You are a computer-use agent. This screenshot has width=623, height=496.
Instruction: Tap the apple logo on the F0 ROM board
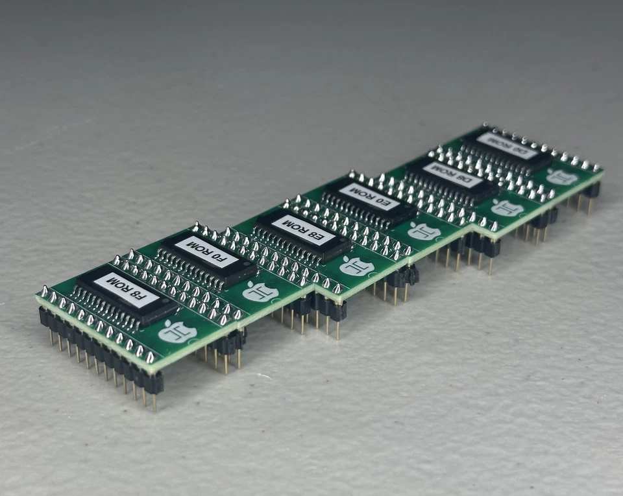260,292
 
